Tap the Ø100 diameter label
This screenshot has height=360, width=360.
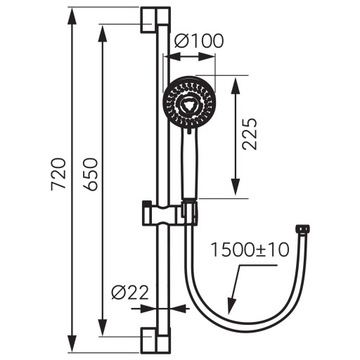pos(197,41)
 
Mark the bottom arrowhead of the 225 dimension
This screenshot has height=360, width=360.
pos(236,195)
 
